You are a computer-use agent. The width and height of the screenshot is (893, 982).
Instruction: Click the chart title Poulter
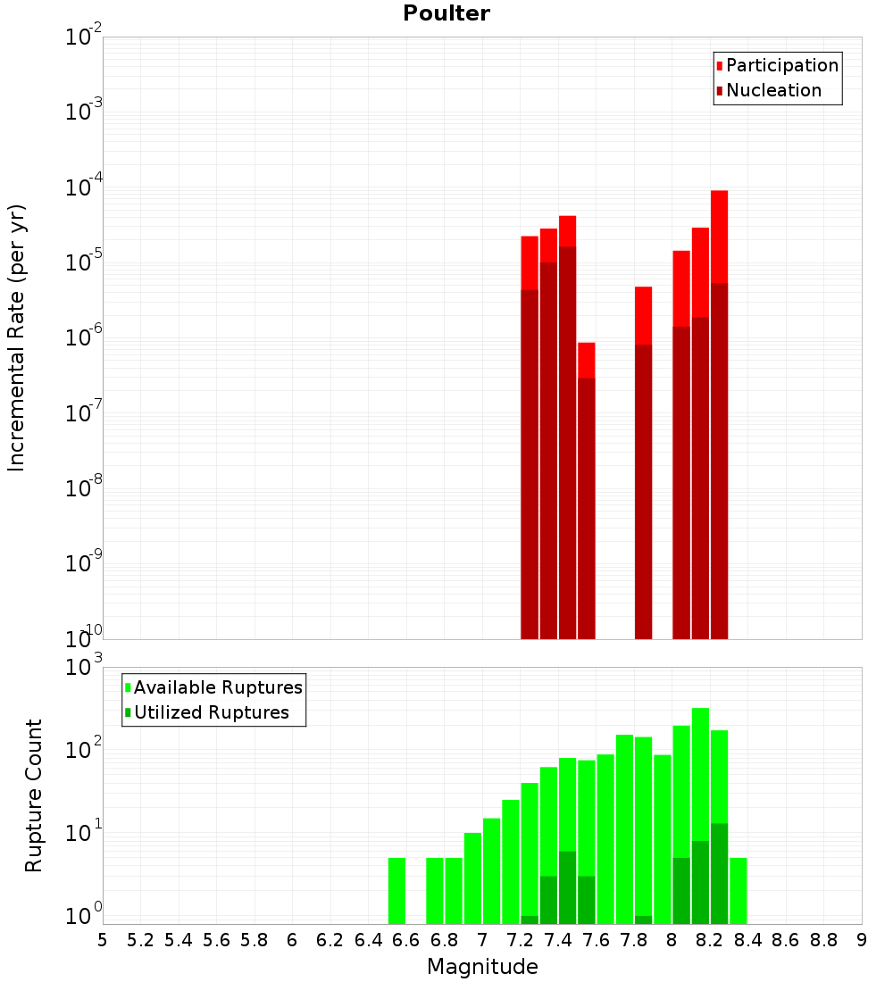(446, 13)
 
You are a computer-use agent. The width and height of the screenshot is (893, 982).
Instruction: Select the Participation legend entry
(782, 65)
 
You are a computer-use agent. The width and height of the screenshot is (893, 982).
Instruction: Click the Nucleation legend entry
(773, 90)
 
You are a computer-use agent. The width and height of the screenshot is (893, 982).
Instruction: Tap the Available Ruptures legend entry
(218, 687)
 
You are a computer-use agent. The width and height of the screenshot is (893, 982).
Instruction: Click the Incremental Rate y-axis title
(17, 337)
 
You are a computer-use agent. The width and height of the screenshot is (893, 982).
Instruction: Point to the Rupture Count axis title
(34, 795)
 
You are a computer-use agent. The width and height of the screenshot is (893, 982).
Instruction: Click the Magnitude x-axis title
(482, 967)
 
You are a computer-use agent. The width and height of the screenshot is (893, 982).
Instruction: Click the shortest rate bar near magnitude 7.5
(587, 491)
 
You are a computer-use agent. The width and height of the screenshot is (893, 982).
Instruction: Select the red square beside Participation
(719, 65)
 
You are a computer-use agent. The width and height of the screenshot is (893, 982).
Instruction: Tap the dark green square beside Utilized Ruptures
(128, 712)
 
